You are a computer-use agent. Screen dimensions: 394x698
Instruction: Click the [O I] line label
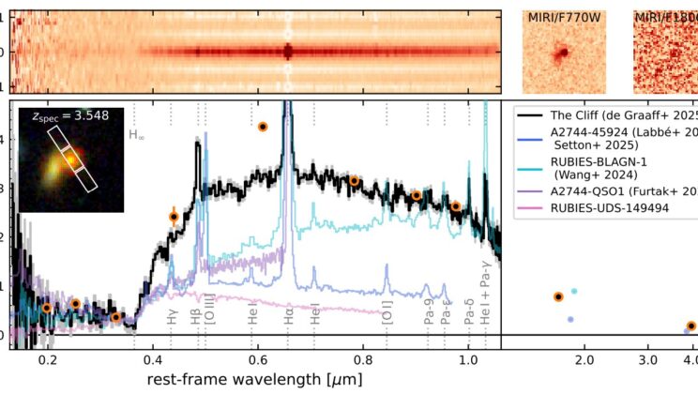pos(387,318)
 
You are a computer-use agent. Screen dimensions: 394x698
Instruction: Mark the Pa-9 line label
pos(427,318)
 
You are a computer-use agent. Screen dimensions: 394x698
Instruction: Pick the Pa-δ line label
pos(468,318)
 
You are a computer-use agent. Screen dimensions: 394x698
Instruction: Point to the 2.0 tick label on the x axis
pos(584,359)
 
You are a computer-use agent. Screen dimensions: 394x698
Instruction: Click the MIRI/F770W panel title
pos(567,16)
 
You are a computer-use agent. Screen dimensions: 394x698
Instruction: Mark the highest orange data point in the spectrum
pos(263,127)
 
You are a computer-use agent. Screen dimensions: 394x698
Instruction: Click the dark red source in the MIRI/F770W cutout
pos(568,53)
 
